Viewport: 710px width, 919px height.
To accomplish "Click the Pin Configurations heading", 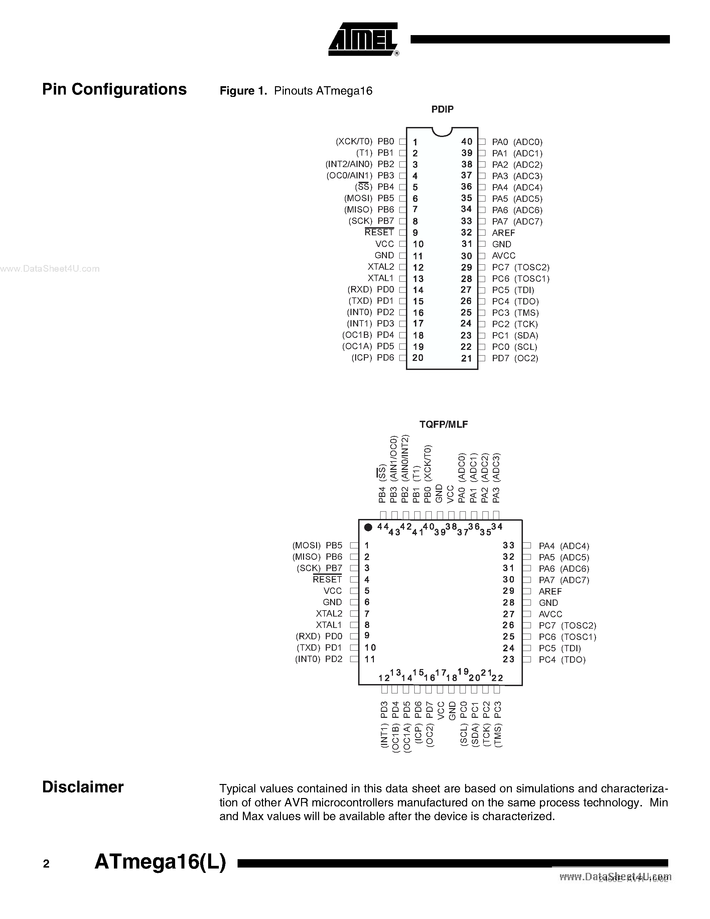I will [x=114, y=89].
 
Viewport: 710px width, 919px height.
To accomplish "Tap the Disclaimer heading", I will [x=83, y=787].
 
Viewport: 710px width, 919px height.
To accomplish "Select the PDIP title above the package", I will [x=442, y=109].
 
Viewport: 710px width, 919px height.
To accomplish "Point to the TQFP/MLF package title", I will [x=443, y=424].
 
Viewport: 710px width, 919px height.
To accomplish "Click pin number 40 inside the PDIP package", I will [x=466, y=142].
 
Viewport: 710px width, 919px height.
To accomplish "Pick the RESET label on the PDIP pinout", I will [x=379, y=232].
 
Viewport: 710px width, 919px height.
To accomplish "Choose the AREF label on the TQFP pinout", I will [x=550, y=591].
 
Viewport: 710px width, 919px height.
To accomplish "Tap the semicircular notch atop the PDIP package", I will [x=442, y=132].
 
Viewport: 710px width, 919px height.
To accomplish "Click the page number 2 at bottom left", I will [x=46, y=864].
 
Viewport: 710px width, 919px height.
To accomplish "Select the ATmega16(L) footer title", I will [x=160, y=862].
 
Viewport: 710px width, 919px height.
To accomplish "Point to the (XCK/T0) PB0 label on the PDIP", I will [x=365, y=142].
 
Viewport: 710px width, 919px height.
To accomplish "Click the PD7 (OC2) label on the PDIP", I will [x=515, y=358].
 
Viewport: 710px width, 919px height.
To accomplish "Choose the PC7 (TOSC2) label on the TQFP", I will [x=567, y=626].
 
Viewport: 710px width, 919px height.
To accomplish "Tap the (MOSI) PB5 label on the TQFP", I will [x=317, y=545].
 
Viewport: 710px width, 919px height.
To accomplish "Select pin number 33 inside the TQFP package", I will [x=509, y=545].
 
